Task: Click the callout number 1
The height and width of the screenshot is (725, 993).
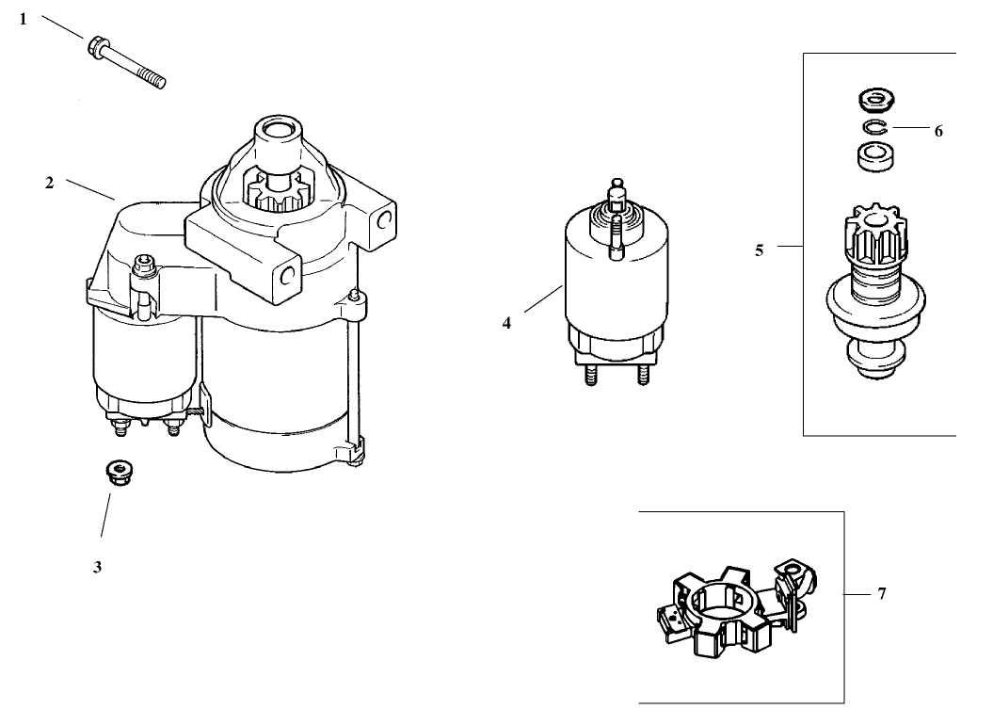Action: click(x=24, y=19)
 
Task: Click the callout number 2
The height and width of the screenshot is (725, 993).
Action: click(x=49, y=183)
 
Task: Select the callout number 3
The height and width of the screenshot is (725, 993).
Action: click(x=97, y=568)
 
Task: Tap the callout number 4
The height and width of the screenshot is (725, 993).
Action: click(x=506, y=323)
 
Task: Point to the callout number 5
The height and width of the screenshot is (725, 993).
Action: click(x=759, y=250)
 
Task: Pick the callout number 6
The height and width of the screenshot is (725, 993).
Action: click(x=937, y=132)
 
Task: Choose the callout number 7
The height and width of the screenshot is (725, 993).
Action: click(x=881, y=594)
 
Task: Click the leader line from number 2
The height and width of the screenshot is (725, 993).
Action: click(x=90, y=191)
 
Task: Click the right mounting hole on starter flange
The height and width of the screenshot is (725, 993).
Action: click(x=383, y=218)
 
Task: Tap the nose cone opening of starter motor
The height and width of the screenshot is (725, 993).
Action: click(x=277, y=126)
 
